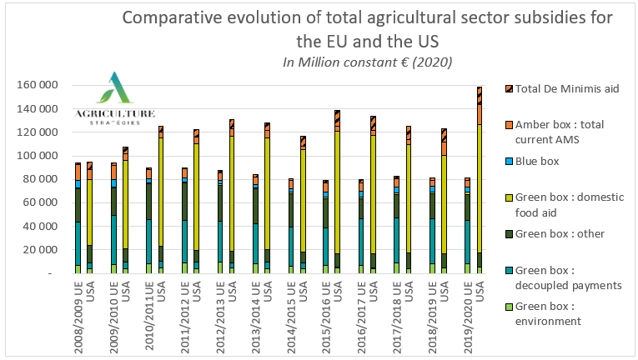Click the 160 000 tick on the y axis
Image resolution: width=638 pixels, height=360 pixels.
[38, 86]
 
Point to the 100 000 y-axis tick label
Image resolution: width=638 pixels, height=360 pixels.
[38, 156]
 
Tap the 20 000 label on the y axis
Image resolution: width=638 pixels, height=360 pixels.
[41, 250]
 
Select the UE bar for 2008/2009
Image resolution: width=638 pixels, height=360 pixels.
[78, 217]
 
